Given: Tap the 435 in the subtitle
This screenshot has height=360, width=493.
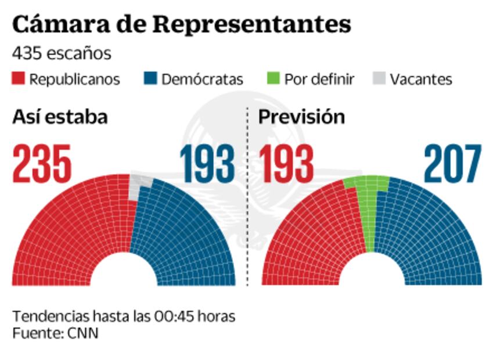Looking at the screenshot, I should coord(26,53).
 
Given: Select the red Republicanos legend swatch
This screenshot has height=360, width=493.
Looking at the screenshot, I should coord(19,78).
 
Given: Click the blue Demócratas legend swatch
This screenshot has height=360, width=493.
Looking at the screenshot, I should coord(150,78).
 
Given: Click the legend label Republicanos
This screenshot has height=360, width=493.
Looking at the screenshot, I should coord(74,79).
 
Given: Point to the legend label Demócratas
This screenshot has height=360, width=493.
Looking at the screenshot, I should coord(202,79).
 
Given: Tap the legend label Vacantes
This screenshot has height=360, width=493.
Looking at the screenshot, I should coord(420,79).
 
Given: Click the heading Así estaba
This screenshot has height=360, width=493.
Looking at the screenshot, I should coord(60,117).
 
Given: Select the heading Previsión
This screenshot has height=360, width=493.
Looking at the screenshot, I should coord(301,117).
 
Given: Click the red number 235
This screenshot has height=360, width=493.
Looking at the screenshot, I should coord(42,163).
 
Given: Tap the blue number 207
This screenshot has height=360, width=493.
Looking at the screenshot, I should coord(452,163).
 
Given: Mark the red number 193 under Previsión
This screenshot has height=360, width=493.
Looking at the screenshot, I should coord(286,163).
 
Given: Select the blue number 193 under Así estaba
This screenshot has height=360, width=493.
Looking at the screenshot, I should coord(207,163).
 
